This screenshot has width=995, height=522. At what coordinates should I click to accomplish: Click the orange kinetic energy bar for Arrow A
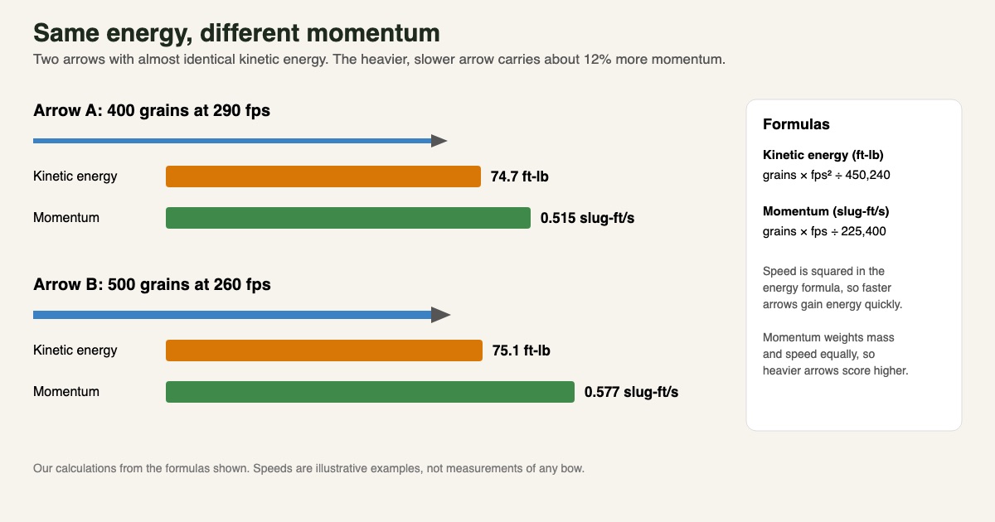click(323, 176)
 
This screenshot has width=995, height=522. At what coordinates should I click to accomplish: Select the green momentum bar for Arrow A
click(347, 217)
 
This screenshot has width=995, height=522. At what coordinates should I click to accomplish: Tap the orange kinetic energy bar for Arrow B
click(324, 350)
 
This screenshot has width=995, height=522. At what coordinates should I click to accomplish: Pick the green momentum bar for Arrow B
click(370, 391)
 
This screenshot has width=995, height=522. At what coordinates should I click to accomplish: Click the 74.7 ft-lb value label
click(519, 176)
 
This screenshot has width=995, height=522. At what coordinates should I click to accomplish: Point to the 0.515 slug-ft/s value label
click(587, 218)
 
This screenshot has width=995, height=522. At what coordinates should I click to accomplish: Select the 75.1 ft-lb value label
click(521, 350)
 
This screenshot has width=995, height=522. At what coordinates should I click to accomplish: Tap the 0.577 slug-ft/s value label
click(631, 392)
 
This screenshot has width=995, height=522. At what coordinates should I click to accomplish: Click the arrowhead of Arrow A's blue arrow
click(439, 141)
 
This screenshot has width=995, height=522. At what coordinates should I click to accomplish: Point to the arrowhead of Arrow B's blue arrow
click(440, 315)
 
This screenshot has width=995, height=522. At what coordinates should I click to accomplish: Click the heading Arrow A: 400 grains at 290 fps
click(152, 110)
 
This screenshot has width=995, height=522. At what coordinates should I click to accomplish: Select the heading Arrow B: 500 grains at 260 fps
click(152, 284)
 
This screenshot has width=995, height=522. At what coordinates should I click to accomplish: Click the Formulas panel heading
click(796, 124)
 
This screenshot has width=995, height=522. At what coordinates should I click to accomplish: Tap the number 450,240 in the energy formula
click(867, 175)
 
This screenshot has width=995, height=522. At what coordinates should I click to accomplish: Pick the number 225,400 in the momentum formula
click(863, 231)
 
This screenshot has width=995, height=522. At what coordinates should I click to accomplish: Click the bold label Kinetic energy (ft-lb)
click(823, 155)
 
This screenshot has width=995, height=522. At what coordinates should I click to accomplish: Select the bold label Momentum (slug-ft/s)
click(826, 211)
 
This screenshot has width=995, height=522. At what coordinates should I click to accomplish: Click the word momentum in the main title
click(373, 33)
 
